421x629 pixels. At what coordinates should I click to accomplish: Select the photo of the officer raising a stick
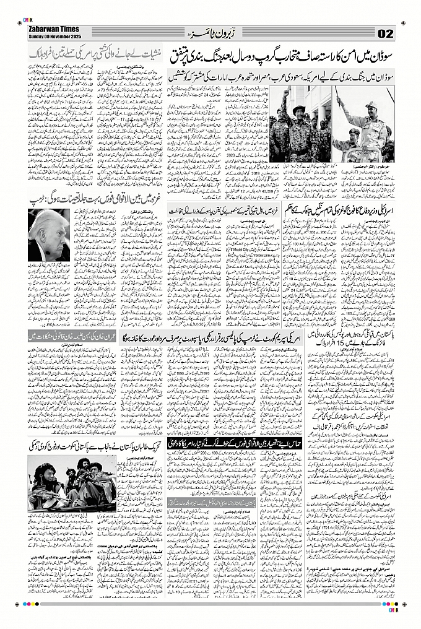pos(365,124)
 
